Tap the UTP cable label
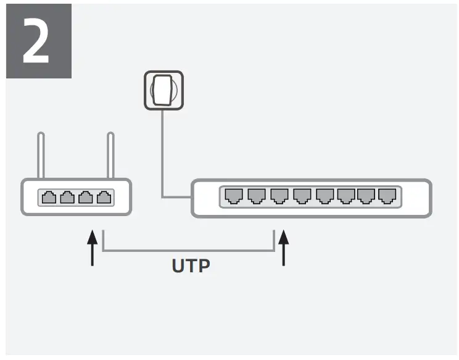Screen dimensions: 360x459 point(191,266)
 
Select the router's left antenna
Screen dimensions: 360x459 point(41,155)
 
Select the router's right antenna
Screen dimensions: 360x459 point(111,155)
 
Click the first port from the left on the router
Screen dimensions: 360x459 point(49,198)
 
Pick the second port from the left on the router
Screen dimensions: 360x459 point(67,198)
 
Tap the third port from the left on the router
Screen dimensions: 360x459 point(86,198)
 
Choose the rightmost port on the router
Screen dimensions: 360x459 point(105,198)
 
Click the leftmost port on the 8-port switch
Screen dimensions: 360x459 point(233,196)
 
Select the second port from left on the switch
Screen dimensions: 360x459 point(255,196)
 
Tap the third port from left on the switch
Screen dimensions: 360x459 point(278,196)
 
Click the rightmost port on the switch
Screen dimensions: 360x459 point(387,196)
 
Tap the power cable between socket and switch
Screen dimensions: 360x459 point(163,161)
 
